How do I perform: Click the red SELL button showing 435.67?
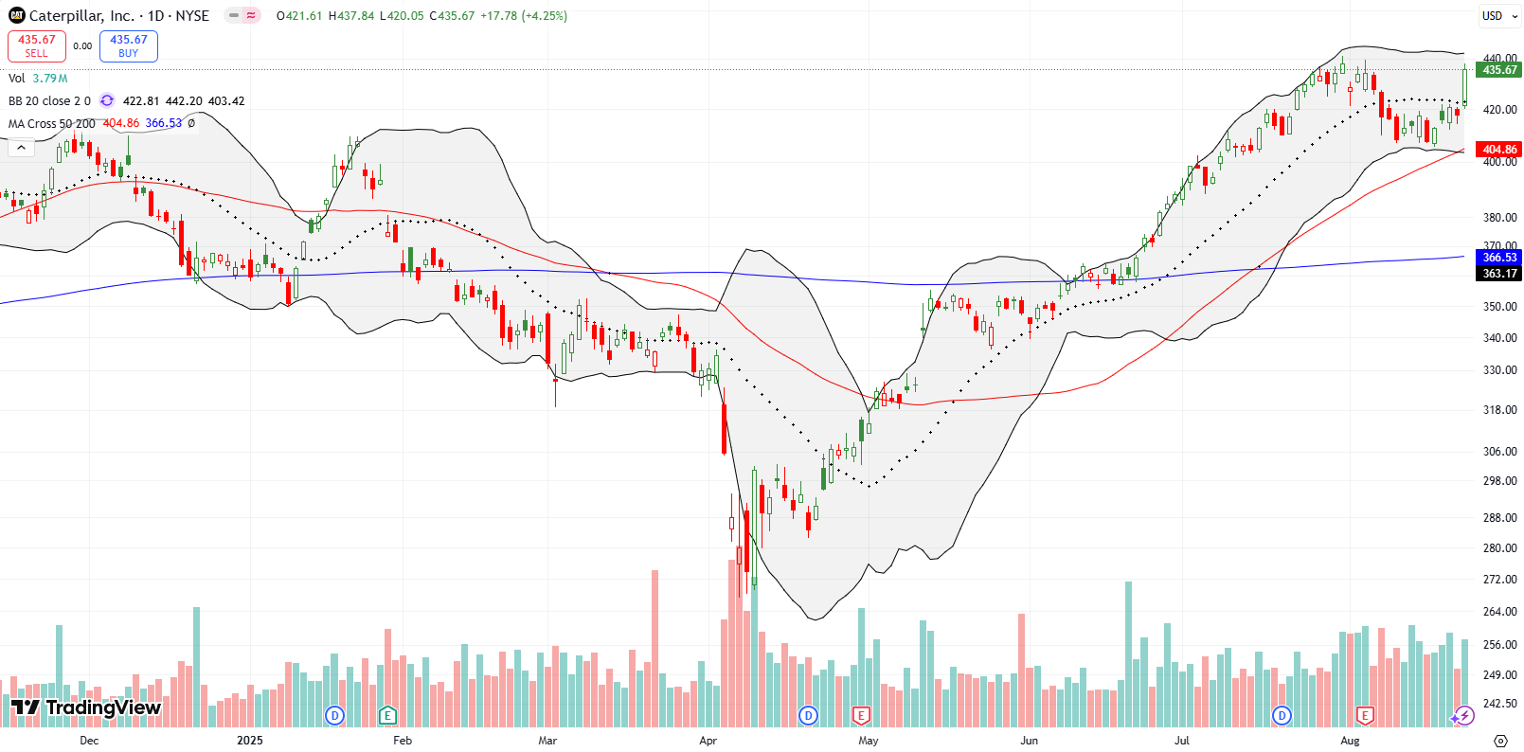[x=37, y=45]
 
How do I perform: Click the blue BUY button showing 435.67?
[x=129, y=45]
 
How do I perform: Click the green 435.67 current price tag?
[x=1498, y=70]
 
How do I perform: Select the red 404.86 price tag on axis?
[x=1498, y=150]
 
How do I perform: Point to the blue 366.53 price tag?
[x=1498, y=258]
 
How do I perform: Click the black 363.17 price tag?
[x=1498, y=274]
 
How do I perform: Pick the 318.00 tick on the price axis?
[x=1499, y=410]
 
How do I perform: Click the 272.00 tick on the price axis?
[x=1499, y=580]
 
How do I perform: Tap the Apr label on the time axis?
[x=708, y=741]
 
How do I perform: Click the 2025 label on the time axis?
[x=250, y=741]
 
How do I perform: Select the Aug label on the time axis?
[x=1350, y=741]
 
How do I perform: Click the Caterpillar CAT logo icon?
[x=17, y=15]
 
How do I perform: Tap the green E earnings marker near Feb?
[x=387, y=715]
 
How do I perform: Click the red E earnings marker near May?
[x=861, y=715]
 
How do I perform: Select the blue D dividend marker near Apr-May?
[x=808, y=715]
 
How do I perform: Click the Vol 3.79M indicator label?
[x=38, y=79]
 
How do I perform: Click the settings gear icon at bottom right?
[x=1500, y=741]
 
